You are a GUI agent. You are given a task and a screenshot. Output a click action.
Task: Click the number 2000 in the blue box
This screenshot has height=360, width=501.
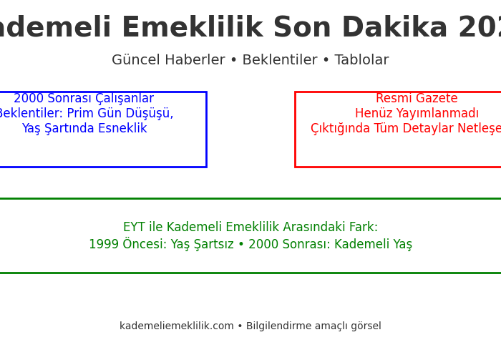[29, 99]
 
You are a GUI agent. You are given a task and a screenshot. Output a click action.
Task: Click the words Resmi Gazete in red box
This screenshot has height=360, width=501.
[417, 99]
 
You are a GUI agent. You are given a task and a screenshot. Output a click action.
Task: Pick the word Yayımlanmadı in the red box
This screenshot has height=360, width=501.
[438, 114]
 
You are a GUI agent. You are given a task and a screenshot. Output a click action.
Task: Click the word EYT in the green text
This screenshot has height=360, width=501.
[134, 228]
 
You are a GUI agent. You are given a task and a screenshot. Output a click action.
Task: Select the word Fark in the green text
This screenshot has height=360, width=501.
[364, 228]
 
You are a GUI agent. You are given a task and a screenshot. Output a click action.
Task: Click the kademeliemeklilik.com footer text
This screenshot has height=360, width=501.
[177, 326]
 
